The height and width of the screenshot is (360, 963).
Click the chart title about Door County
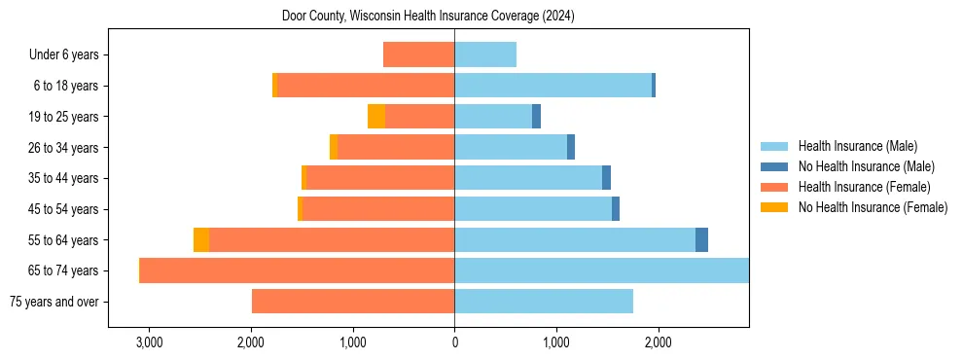428,17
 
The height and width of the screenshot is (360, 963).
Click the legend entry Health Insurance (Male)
857,146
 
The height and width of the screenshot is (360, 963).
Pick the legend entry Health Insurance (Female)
864,187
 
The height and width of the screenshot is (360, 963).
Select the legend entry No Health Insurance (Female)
873,207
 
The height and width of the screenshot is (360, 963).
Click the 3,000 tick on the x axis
149,342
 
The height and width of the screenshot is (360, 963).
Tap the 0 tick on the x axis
454,342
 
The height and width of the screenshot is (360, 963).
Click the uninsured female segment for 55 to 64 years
201,240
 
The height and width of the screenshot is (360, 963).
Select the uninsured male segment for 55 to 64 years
701,240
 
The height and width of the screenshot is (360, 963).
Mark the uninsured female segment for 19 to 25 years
376,117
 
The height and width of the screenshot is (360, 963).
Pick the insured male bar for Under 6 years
485,55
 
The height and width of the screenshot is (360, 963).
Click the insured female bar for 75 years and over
353,302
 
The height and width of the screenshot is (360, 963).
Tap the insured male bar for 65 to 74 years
601,270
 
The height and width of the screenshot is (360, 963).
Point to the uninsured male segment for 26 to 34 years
571,148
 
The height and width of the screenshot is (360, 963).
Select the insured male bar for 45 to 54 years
533,209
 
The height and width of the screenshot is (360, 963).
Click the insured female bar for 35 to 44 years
380,178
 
